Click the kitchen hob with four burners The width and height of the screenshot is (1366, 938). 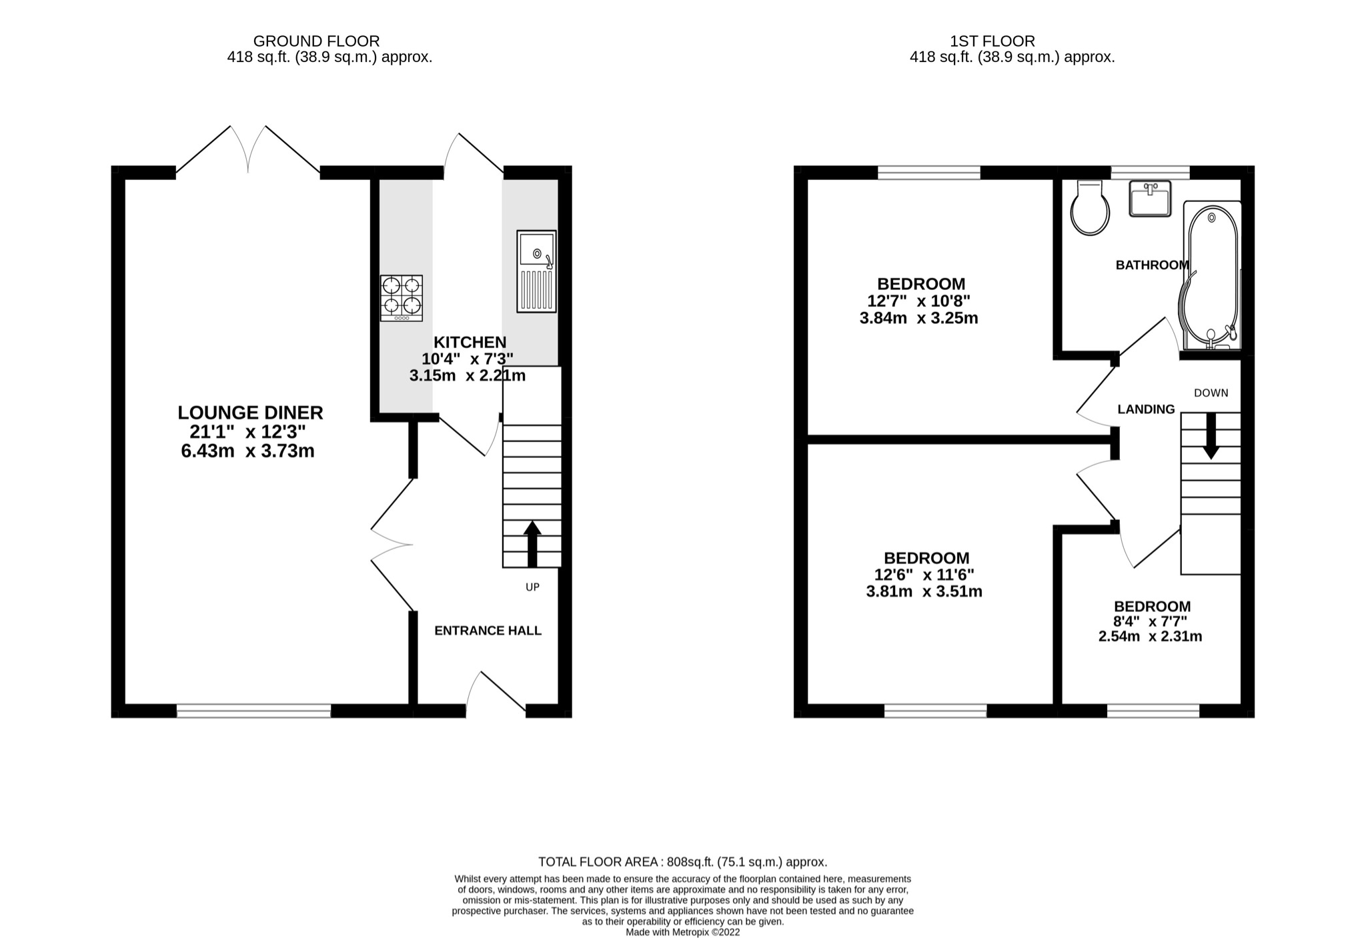[401, 298]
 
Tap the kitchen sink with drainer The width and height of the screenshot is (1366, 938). [536, 271]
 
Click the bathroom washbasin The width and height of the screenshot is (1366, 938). [1150, 198]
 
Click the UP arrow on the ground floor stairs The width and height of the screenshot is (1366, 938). [532, 543]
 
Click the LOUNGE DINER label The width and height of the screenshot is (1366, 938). [250, 413]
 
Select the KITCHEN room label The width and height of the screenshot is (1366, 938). [470, 342]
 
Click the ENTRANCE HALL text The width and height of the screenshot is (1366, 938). [488, 631]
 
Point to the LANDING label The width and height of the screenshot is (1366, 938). [1146, 409]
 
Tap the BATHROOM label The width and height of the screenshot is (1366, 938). [1152, 265]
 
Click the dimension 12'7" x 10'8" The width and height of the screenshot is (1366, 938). [920, 301]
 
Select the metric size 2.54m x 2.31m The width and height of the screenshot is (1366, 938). [1150, 637]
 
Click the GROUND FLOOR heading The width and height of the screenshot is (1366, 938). [316, 41]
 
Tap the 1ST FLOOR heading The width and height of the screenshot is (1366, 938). [992, 41]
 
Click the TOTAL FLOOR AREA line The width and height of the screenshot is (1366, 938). [682, 862]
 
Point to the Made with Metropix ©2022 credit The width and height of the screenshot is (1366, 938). [682, 932]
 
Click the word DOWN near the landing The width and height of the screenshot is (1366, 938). [1211, 393]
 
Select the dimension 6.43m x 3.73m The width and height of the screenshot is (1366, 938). [247, 451]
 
